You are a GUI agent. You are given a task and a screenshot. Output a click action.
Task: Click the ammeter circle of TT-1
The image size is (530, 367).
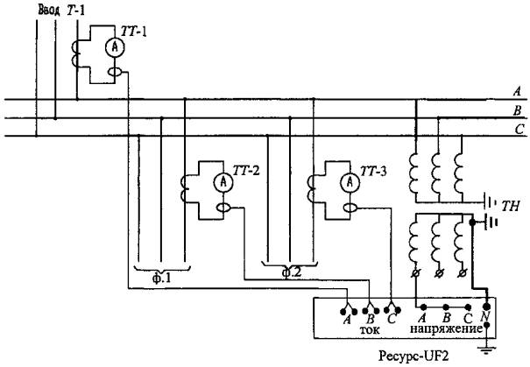click(113, 46)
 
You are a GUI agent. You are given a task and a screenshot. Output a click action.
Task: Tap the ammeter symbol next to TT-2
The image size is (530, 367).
click(223, 180)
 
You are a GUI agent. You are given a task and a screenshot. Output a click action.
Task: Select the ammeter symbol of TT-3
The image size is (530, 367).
click(349, 181)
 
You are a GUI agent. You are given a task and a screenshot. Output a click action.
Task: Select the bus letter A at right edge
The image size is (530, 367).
click(517, 92)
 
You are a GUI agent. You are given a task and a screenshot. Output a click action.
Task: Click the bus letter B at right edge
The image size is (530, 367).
click(517, 110)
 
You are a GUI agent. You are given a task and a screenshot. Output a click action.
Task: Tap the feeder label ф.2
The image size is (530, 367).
click(291, 272)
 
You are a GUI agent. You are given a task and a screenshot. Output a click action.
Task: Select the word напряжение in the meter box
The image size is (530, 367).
click(446, 329)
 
